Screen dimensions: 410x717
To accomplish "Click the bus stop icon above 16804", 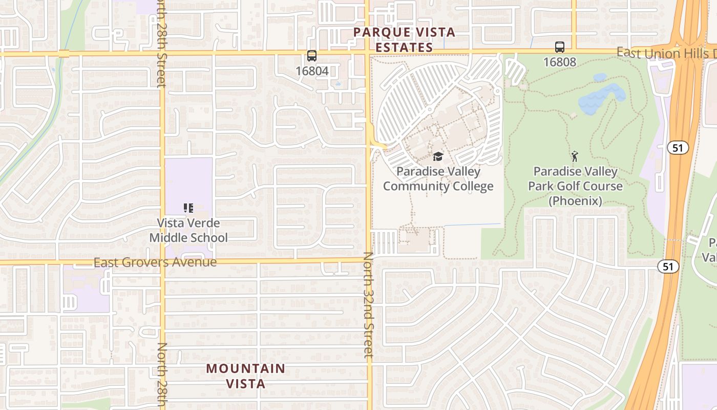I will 311,56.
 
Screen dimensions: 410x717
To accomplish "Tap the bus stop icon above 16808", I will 560,47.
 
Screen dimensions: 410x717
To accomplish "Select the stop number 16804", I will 311,71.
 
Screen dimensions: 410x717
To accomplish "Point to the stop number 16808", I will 560,62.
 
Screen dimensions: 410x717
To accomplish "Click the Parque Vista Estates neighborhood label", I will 404,39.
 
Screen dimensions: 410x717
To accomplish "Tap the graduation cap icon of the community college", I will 438,156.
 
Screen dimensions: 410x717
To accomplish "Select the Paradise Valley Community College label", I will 438,178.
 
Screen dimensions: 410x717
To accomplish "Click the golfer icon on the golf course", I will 575,156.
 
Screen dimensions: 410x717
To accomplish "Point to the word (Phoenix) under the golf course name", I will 575,200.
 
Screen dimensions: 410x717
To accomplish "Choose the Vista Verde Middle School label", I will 188,230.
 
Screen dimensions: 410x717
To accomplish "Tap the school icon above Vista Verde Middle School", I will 188,208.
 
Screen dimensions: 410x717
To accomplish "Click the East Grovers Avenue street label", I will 155,262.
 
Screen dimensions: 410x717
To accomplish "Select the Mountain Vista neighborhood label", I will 246,375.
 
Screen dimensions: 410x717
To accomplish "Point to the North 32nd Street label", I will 369,305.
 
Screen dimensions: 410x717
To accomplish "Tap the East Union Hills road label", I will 666,53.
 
